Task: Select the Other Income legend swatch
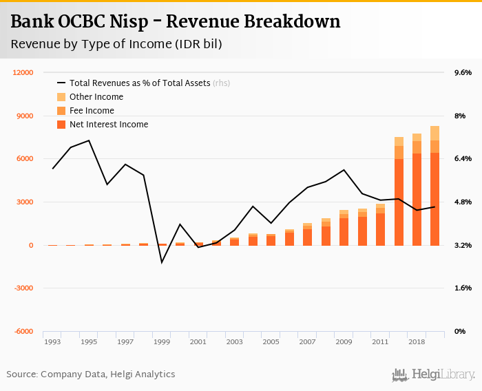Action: [x=61, y=97]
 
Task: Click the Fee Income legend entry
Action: [x=92, y=111]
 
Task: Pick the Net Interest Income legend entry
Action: [x=109, y=125]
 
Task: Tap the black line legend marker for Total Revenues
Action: [x=61, y=83]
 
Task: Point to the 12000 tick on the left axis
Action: [x=24, y=72]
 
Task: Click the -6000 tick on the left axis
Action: [x=24, y=331]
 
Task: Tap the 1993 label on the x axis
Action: [x=52, y=341]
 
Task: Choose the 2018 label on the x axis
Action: [x=417, y=341]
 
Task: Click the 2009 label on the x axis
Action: [x=344, y=341]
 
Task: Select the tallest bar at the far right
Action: [x=435, y=186]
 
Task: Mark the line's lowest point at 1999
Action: [x=162, y=262]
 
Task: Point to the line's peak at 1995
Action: [x=89, y=140]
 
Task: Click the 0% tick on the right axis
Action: [x=459, y=331]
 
